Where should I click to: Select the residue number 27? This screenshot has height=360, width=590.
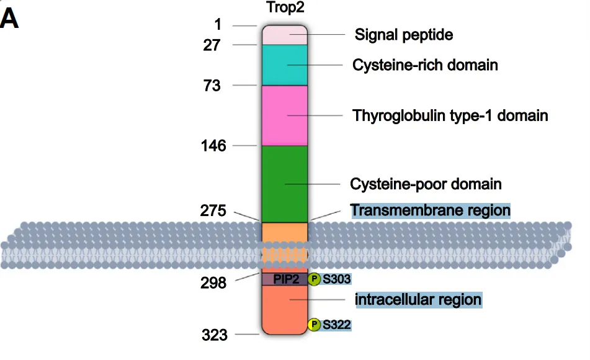[x=213, y=45]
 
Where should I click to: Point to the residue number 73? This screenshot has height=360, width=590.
[x=212, y=86]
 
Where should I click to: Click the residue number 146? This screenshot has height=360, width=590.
[x=213, y=146]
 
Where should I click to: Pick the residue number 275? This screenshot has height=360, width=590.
[x=213, y=211]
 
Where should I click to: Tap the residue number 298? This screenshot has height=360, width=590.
[x=214, y=283]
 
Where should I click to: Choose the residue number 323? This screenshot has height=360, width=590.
[x=214, y=336]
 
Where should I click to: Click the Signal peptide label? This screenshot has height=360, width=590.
[x=403, y=35]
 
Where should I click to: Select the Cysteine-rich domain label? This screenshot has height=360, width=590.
[x=425, y=65]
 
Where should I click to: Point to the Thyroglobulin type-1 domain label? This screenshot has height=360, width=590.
[x=450, y=115]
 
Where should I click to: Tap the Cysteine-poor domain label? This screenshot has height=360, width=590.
[x=426, y=184]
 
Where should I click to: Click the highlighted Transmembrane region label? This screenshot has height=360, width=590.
[x=430, y=210]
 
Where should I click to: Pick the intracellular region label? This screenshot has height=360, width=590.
[x=418, y=300]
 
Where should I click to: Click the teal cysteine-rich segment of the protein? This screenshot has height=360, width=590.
[x=285, y=65]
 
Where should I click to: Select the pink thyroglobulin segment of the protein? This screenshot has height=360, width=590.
[x=285, y=115]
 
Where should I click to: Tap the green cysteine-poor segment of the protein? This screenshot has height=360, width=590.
[x=285, y=184]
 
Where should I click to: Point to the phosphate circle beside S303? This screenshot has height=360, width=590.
[x=314, y=279]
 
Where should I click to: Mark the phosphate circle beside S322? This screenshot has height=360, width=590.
[x=315, y=324]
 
